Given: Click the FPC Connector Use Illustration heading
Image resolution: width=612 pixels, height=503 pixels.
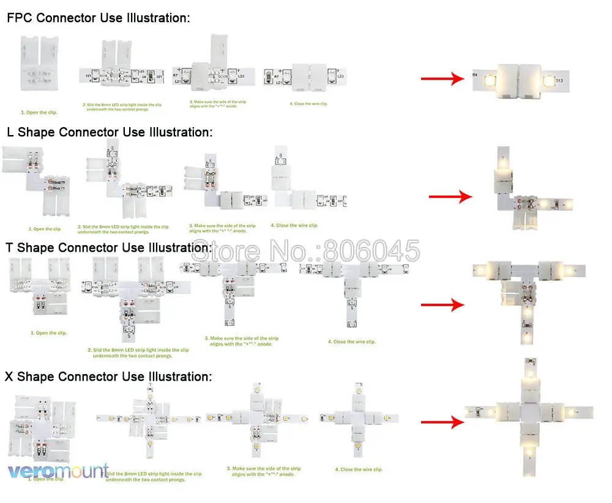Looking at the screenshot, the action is click(x=98, y=18).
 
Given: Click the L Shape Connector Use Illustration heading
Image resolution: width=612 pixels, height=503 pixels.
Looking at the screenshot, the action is click(x=109, y=133).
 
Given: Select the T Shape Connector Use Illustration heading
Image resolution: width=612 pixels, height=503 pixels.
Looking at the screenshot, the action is click(x=109, y=248).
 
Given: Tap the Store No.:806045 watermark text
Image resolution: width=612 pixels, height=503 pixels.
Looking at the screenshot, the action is click(x=307, y=251).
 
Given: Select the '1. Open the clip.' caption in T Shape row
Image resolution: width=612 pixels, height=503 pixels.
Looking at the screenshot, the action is click(x=49, y=333).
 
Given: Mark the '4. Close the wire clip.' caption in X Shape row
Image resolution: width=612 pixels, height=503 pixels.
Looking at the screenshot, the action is click(x=359, y=469).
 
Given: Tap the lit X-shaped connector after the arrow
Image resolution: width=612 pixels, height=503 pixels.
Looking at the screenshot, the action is click(x=528, y=416).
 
